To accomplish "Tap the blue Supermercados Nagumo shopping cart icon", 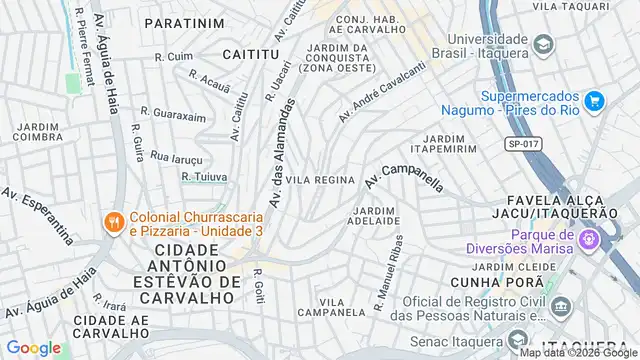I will (x=594, y=100).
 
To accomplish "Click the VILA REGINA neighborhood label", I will (x=320, y=180).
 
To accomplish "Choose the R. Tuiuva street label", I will (x=204, y=177).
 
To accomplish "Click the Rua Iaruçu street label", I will (x=176, y=157).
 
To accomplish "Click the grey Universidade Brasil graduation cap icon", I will (x=543, y=45).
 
